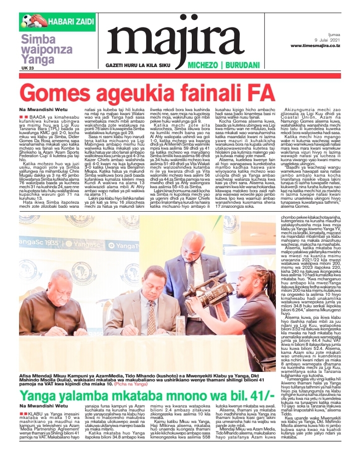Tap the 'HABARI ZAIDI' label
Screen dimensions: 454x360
point(65,22)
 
